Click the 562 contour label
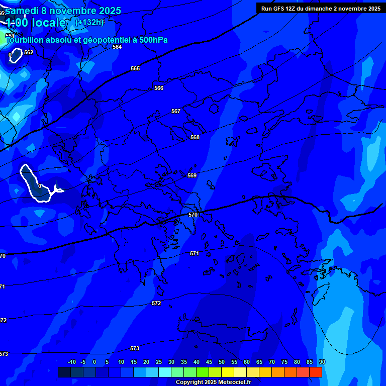pyautogui.click(x=29, y=52)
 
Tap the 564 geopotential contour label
pyautogui.click(x=117, y=47)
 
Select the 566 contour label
pyautogui.click(x=159, y=88)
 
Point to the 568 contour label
pyautogui.click(x=195, y=137)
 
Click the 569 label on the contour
pyautogui.click(x=192, y=175)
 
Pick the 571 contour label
pyautogui.click(x=195, y=253)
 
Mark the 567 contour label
pyautogui.click(x=176, y=111)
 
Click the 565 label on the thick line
pyautogui.click(x=135, y=68)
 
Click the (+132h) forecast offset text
pyautogui.click(x=89, y=23)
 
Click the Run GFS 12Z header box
pyautogui.click(x=321, y=9)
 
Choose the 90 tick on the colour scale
pyautogui.click(x=322, y=362)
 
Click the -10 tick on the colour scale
pyautogui.click(x=71, y=362)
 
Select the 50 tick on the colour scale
pyautogui.click(x=222, y=362)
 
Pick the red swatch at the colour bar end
pyautogui.click(x=315, y=372)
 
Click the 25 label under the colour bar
pyautogui.click(x=159, y=362)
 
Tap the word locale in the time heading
pyautogui.click(x=48, y=23)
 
